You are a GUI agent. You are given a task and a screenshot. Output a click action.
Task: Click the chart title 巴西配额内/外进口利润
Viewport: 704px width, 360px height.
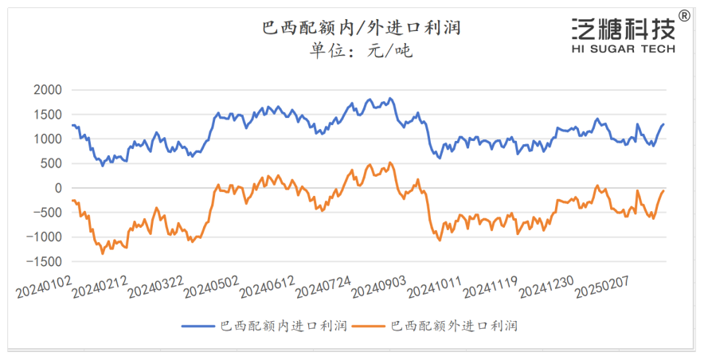tap(362, 29)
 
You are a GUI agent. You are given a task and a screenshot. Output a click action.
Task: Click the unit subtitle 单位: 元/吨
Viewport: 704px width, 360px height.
tap(362, 53)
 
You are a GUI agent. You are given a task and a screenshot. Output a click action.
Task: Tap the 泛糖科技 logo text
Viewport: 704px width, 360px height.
tap(623, 29)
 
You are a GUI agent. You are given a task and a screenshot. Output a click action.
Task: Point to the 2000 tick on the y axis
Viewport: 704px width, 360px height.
tap(47, 90)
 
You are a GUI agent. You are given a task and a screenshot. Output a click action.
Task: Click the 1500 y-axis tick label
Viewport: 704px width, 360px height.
tap(47, 115)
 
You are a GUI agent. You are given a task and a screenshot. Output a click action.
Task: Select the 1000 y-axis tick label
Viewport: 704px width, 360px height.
tap(47, 139)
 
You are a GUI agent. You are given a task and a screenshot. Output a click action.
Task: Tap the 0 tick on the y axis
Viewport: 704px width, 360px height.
tap(58, 188)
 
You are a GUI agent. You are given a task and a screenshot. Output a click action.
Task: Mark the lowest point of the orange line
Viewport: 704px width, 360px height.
tap(103, 253)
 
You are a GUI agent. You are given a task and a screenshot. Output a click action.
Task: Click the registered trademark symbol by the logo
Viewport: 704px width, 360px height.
tap(684, 15)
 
